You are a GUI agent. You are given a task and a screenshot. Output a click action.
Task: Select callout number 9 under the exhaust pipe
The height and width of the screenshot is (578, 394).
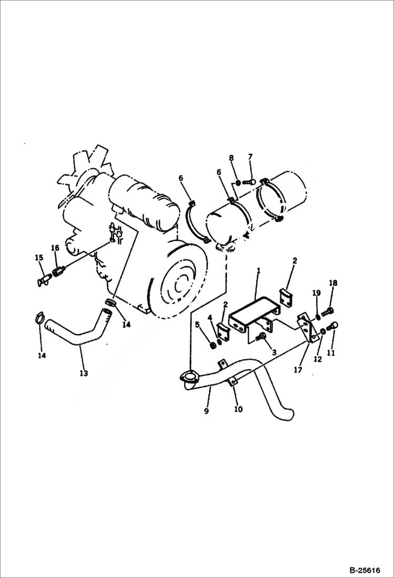tap(207, 411)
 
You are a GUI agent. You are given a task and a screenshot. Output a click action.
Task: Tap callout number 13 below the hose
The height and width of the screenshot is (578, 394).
tap(84, 373)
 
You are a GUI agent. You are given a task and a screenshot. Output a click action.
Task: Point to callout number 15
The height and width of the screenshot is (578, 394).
tap(39, 258)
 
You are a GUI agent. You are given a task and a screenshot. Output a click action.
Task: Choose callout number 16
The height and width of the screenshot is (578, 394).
tap(55, 248)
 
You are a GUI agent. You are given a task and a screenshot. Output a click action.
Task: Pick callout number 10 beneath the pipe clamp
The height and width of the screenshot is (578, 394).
tap(238, 409)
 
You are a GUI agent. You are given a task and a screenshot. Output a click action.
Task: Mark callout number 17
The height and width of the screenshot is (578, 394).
tap(298, 370)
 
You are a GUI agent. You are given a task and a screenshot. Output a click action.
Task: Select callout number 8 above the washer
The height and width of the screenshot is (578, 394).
tap(231, 158)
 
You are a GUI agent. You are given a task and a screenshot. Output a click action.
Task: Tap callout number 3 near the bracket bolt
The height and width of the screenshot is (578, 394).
tap(274, 351)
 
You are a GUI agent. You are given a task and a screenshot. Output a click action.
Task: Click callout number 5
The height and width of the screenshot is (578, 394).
tap(197, 325)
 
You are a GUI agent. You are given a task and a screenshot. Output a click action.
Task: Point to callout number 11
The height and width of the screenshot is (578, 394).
tap(331, 354)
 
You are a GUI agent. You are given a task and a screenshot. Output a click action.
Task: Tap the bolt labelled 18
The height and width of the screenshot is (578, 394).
tap(330, 310)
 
